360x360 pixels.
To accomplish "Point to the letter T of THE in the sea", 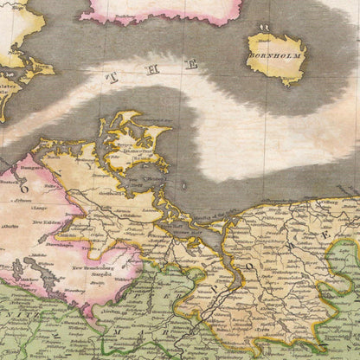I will tap(110, 77).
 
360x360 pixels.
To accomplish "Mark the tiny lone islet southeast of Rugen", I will tap(183, 185).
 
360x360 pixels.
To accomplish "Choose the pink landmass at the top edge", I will tap(160, 9).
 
